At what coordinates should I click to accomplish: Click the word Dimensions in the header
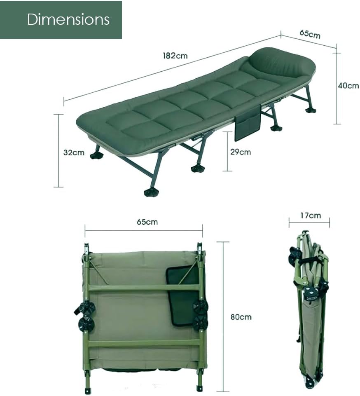click(68, 19)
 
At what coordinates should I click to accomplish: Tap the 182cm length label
click(175, 56)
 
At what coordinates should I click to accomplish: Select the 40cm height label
click(348, 86)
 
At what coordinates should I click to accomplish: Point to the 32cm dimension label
click(74, 152)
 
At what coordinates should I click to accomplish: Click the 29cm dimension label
click(240, 152)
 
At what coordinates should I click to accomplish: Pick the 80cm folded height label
click(241, 317)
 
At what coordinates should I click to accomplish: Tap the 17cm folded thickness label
click(311, 216)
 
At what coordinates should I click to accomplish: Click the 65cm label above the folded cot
click(147, 222)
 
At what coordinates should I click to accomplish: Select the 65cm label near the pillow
click(310, 34)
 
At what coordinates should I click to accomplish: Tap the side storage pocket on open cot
click(248, 123)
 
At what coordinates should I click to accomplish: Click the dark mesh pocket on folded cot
click(182, 296)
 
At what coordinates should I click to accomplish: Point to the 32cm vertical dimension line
click(59, 151)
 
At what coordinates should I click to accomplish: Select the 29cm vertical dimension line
click(227, 151)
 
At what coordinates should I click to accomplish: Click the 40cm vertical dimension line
click(337, 89)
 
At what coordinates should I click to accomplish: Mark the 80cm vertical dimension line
click(223, 317)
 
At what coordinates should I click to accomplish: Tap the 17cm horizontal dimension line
click(309, 223)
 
